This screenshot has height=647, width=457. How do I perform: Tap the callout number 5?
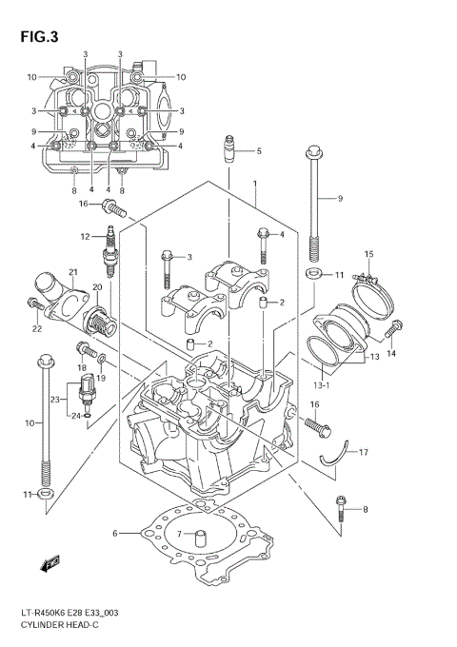tap(258, 151)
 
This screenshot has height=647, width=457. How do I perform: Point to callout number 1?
tap(254, 183)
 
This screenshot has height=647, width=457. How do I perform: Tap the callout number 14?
tap(389, 353)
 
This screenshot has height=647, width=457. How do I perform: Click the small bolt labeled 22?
tap(32, 304)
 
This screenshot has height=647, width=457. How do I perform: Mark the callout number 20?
tap(97, 287)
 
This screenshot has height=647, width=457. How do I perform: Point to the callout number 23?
tap(55, 399)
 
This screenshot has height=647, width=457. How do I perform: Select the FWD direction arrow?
tap(50, 565)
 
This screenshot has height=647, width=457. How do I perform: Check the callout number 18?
tap(82, 367)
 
